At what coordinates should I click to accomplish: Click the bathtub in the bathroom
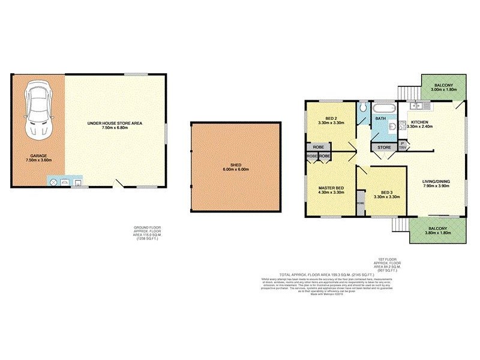(x=382, y=109)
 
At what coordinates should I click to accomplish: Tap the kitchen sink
(x=418, y=106)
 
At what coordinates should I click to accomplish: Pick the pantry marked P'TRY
(x=402, y=145)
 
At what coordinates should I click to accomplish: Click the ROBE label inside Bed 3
(x=360, y=203)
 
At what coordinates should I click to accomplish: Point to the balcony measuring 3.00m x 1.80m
(x=444, y=88)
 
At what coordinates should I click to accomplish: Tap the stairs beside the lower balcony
(x=398, y=225)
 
